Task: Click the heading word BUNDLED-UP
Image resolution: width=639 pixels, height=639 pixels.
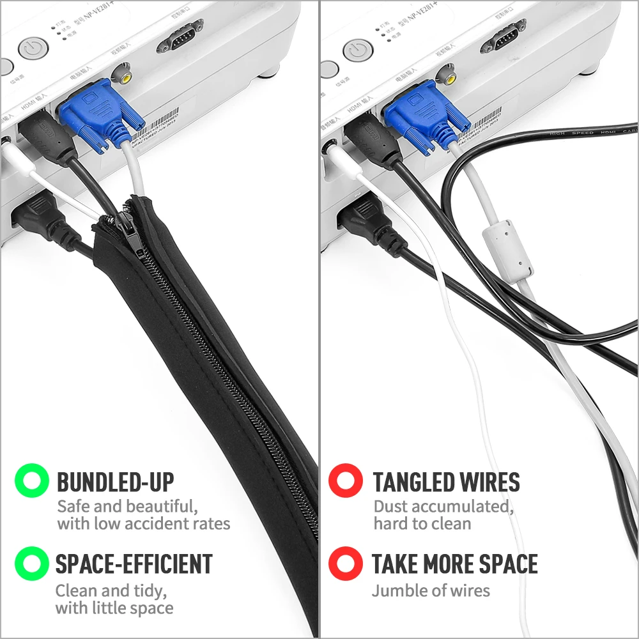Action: tap(115, 481)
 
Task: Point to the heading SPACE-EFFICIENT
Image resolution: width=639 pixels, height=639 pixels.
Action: tap(134, 564)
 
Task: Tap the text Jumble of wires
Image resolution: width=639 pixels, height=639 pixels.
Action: tap(431, 590)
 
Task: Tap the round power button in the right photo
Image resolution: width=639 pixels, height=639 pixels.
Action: tap(357, 50)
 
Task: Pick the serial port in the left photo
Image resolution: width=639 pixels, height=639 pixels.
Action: tap(180, 36)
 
